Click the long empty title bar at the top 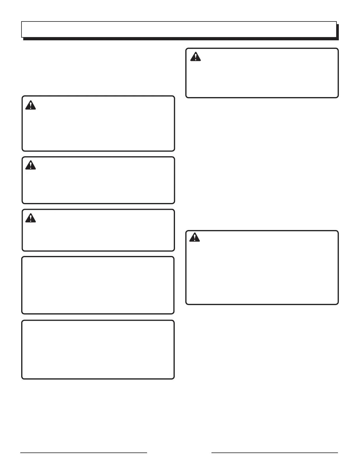(x=179, y=29)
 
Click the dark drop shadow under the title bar (x=181, y=39)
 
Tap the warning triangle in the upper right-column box (x=195, y=56)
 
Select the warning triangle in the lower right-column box (x=194, y=237)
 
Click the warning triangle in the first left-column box (x=30, y=105)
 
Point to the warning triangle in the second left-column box (x=30, y=165)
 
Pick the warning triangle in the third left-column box (x=30, y=218)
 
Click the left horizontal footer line (x=84, y=453)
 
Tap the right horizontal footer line (x=275, y=453)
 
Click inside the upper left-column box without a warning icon (x=98, y=285)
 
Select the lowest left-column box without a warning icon (x=98, y=349)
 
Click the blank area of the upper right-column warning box (x=262, y=76)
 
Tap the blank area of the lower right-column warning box (x=262, y=271)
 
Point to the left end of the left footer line (x=21, y=453)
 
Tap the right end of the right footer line (x=338, y=453)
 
